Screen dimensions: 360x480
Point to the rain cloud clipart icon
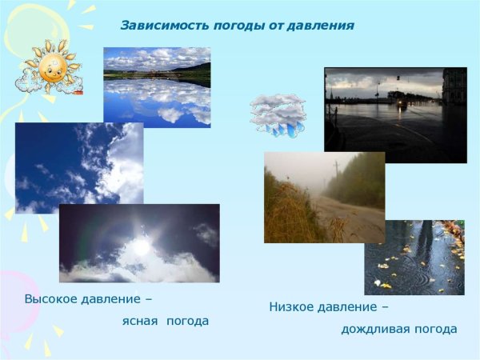pos(278,115)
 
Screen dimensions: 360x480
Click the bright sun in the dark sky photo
pos(141,247)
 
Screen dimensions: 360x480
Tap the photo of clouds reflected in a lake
pos(157,86)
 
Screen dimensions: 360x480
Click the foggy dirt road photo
pos(324,198)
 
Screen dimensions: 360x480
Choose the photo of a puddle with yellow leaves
pos(414,258)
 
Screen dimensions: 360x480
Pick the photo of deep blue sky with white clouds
pos(78,167)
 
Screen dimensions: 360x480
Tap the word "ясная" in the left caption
pos(139,321)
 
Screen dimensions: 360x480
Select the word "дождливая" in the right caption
pos(371,329)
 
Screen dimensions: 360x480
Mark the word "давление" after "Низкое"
pos(349,306)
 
